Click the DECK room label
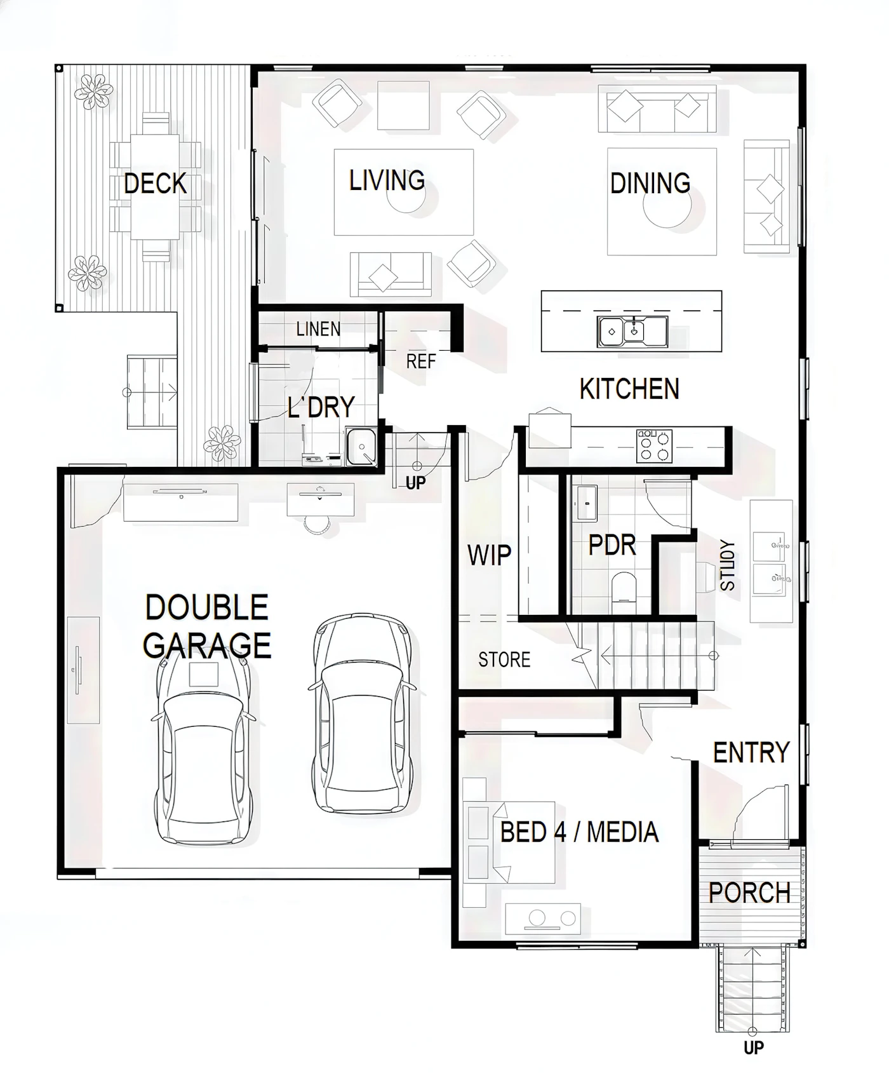155,184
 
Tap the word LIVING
387,180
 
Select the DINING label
650,183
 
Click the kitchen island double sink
632,331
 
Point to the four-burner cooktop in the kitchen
654,445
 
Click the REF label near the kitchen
420,361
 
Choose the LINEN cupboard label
318,329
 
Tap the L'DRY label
321,407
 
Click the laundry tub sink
361,447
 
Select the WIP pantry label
489,555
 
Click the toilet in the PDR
624,586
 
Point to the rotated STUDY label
728,565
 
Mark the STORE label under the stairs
504,660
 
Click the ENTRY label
751,753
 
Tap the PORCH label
749,893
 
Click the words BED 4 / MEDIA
579,832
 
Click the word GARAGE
207,646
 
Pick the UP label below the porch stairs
754,1048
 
